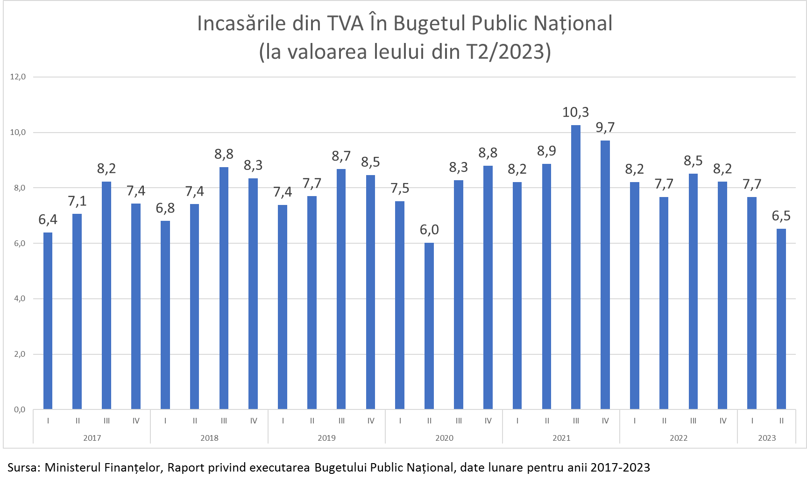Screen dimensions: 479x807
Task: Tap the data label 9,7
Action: (x=605, y=127)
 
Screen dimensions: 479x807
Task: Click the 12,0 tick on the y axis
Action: (x=18, y=77)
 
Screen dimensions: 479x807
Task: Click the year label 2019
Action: (x=326, y=438)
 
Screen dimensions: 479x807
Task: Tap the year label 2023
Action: (x=767, y=438)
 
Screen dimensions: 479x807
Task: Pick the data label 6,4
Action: (x=48, y=219)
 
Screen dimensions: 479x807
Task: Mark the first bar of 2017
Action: (x=48, y=321)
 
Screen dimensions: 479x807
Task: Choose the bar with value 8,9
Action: (x=546, y=287)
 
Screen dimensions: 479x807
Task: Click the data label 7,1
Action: (x=77, y=201)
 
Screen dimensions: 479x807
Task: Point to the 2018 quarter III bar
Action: (x=224, y=288)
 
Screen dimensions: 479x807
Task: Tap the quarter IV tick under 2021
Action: (x=605, y=421)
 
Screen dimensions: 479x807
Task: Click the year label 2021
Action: (x=561, y=438)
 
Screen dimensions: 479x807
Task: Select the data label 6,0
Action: (x=429, y=230)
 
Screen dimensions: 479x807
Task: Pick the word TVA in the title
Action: (x=345, y=23)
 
